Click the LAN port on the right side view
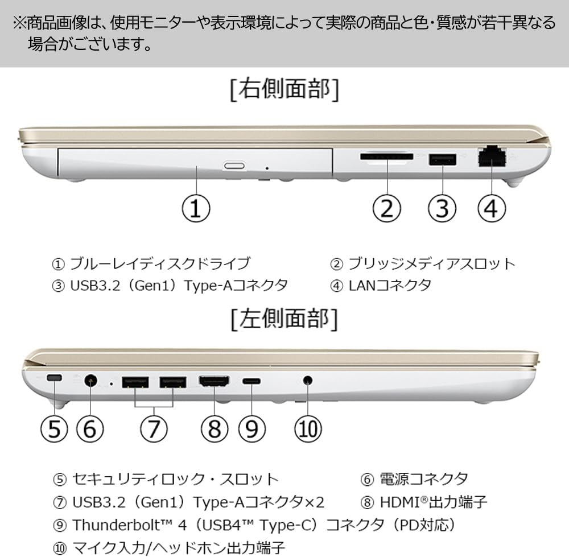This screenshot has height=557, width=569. tap(492, 157)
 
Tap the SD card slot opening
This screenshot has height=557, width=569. tap(386, 157)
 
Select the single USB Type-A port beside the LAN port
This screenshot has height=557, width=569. tap(442, 159)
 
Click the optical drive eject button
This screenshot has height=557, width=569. tap(234, 166)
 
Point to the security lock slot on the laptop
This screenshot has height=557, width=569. tap(55, 378)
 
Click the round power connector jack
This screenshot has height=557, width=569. tap(90, 381)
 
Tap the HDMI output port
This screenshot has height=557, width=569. tap(214, 381)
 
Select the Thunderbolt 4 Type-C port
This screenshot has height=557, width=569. tap(251, 381)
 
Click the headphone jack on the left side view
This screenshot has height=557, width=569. tap(307, 381)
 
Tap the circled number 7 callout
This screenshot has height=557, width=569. tap(154, 429)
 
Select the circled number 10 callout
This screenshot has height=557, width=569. tap(308, 429)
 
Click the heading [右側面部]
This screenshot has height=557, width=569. tap(285, 89)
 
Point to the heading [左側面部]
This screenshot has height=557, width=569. tap(285, 319)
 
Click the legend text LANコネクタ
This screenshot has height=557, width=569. tap(390, 286)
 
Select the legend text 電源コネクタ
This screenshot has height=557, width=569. tap(423, 479)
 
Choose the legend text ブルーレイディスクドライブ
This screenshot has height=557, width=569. tap(160, 263)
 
